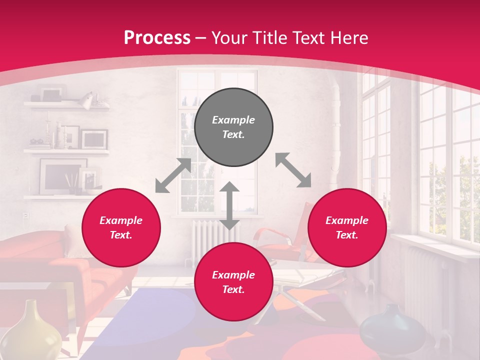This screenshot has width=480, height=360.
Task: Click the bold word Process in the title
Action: click(x=157, y=38)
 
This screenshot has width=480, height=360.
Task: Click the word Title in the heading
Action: click(x=268, y=38)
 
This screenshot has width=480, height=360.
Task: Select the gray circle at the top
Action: click(x=233, y=127)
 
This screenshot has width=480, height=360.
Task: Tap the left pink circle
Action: click(x=121, y=228)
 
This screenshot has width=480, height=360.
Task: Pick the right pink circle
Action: click(x=347, y=228)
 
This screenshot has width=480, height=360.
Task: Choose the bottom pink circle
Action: click(x=233, y=282)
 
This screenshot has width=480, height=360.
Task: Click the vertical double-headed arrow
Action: click(x=229, y=205)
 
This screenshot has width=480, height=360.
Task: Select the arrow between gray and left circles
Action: click(x=173, y=175)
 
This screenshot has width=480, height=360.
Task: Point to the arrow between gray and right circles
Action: click(x=293, y=170)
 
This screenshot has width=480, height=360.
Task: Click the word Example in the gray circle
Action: click(x=233, y=120)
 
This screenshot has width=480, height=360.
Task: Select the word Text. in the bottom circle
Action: click(x=233, y=289)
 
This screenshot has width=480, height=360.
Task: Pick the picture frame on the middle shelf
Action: click(x=94, y=138)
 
